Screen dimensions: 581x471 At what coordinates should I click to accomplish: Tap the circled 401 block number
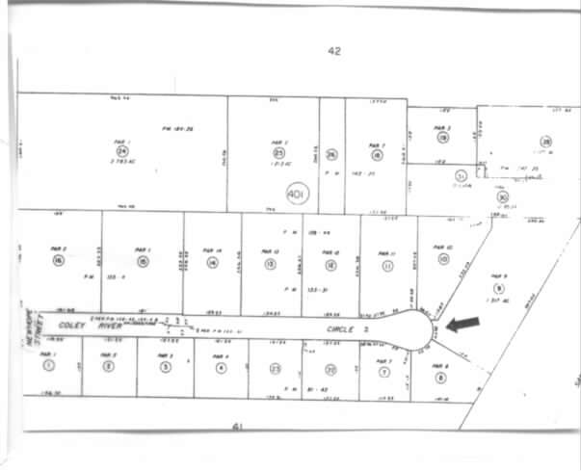[297, 196]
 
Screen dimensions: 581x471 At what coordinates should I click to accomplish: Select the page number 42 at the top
[334, 51]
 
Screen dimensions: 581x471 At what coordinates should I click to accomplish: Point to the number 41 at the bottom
[236, 424]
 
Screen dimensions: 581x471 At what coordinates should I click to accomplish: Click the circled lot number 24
[122, 151]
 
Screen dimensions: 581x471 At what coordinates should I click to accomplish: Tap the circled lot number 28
[545, 143]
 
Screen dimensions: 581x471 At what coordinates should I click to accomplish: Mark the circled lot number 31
[462, 176]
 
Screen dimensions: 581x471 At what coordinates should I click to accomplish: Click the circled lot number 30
[502, 196]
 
